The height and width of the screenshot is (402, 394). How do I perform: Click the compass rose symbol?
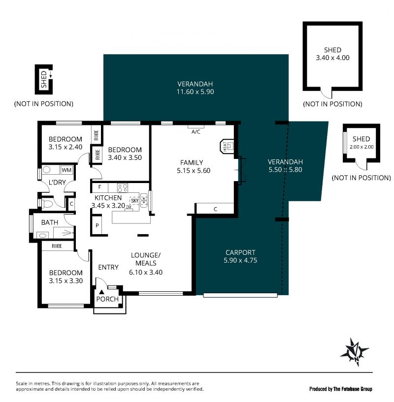[x=355, y=352]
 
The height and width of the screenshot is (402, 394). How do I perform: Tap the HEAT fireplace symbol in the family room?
[x=227, y=147]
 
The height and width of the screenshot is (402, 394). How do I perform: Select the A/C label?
[x=196, y=132]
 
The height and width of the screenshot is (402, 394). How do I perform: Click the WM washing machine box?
[x=66, y=170]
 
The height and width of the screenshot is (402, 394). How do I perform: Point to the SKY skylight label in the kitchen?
[x=134, y=201]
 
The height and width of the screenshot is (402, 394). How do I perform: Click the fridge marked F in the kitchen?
[x=99, y=187]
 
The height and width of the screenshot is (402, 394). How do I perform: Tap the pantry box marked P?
[x=97, y=225]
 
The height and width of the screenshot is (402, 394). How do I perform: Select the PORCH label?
[x=107, y=299]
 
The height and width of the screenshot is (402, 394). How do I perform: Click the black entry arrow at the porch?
[x=101, y=292]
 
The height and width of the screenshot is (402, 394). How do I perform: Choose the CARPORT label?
[x=240, y=252]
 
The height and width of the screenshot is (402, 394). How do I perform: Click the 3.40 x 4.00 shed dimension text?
[x=332, y=58]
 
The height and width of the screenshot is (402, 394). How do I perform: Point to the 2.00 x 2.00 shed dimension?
[x=361, y=147]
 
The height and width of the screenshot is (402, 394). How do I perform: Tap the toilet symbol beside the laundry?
[x=47, y=204]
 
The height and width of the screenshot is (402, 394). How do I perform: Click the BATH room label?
[x=50, y=222]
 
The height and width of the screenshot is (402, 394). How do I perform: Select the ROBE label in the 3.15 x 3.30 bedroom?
[x=57, y=246]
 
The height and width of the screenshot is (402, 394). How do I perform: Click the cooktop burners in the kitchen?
[x=123, y=188]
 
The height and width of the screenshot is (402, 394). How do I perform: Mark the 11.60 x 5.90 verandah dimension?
[x=195, y=92]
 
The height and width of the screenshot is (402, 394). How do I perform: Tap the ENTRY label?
[x=108, y=267]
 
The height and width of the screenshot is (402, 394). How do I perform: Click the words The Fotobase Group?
[x=353, y=389]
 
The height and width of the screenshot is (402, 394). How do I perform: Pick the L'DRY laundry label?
[x=57, y=182]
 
